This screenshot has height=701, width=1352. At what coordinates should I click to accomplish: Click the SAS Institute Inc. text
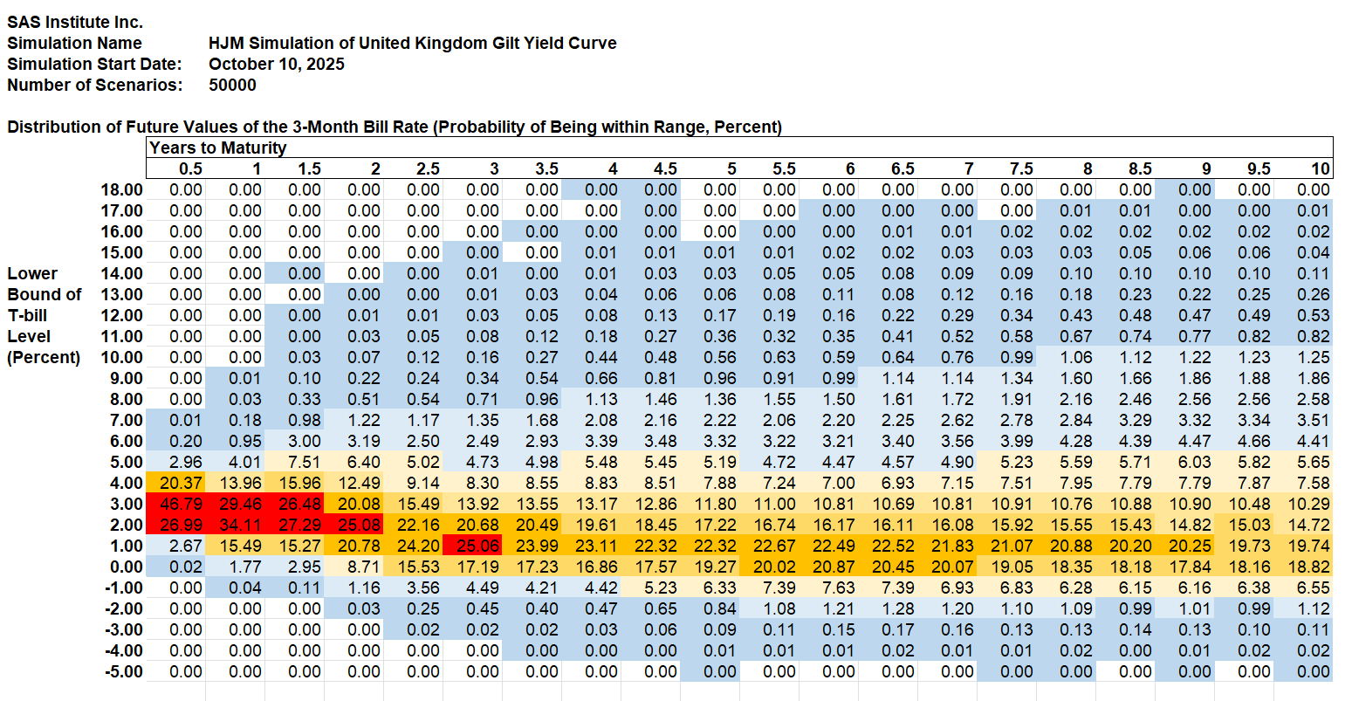75,22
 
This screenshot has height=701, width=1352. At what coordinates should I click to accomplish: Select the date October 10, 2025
277,64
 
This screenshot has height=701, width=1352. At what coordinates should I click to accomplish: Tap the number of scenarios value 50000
233,85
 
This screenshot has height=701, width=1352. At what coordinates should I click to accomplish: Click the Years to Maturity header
218,148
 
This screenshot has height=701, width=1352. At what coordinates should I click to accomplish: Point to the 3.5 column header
546,168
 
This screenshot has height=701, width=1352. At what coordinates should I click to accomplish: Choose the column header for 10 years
1321,168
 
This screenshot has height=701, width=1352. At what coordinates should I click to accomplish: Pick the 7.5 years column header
1021,168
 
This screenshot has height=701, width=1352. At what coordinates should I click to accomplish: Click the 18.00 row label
122,189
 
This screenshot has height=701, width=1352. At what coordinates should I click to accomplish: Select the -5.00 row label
122,671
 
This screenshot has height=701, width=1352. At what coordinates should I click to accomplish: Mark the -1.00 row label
122,588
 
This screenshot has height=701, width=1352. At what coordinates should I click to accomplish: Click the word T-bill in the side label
28,315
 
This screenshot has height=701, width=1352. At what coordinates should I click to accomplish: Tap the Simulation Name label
75,43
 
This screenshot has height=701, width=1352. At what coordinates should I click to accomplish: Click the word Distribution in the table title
52,127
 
